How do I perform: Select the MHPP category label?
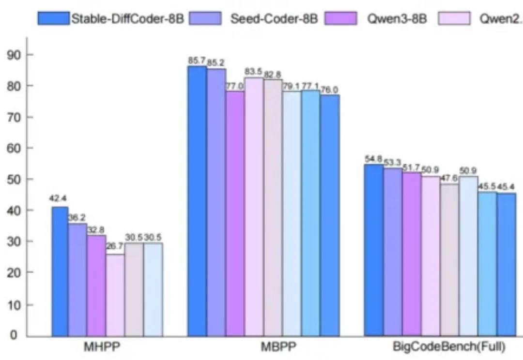point(106,347)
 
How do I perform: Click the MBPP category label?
point(263,347)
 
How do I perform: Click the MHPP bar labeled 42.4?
point(60,271)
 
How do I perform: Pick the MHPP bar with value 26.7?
point(115,295)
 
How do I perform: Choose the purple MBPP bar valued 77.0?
point(235,213)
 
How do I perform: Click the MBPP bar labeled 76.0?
point(329,215)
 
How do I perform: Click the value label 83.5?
point(253,72)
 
